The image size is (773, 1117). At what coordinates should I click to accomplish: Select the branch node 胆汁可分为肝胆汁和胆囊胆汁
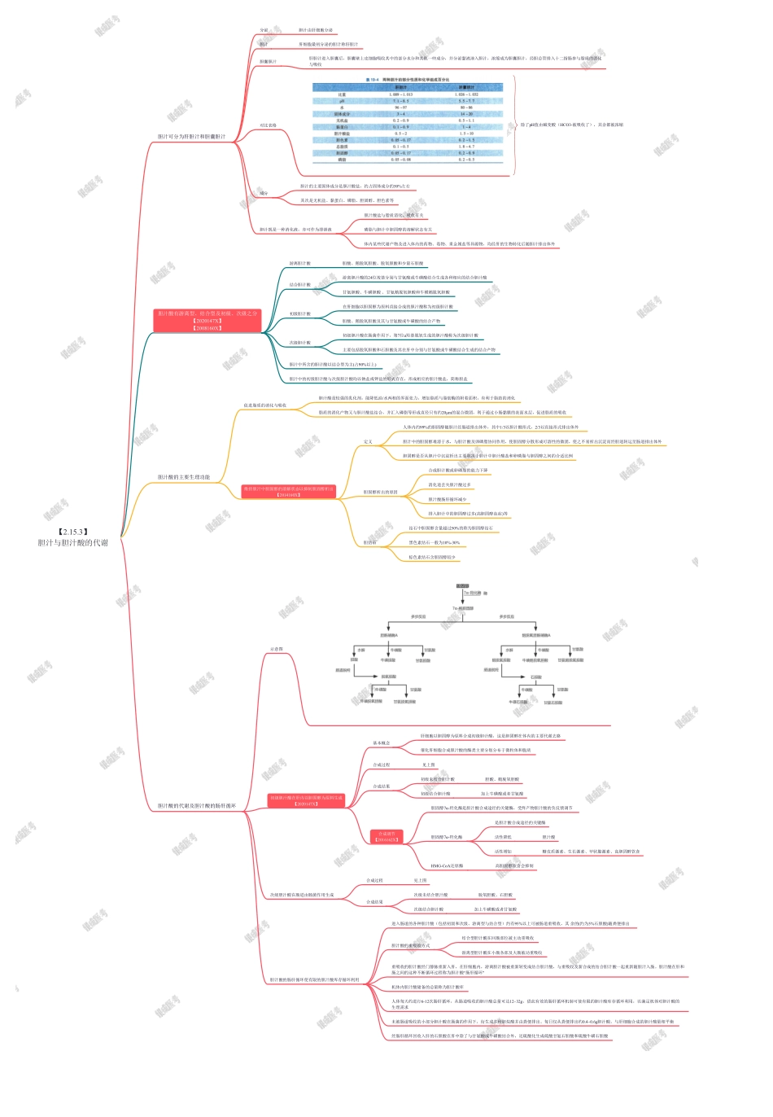click(x=191, y=137)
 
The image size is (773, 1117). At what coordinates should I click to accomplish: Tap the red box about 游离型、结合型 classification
click(x=207, y=320)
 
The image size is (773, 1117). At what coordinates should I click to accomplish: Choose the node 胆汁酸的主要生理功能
click(x=183, y=477)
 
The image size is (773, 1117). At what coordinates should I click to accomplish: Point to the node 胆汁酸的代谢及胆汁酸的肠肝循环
click(x=196, y=806)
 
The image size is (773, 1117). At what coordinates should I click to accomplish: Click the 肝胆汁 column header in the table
click(x=401, y=87)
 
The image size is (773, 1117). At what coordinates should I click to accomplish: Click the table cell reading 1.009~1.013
click(x=401, y=94)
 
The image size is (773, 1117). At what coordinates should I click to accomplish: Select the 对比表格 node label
click(x=268, y=125)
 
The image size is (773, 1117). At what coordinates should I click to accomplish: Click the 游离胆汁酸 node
click(x=299, y=264)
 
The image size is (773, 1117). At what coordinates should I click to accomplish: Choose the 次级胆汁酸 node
click(x=299, y=343)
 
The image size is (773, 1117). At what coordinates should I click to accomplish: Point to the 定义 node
click(x=368, y=442)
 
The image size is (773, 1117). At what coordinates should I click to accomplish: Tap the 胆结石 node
click(x=369, y=542)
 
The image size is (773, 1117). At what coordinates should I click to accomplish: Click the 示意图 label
click(x=277, y=649)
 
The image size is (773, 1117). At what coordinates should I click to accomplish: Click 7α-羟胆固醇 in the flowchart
click(x=463, y=608)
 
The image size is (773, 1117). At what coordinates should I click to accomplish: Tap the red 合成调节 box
click(x=386, y=837)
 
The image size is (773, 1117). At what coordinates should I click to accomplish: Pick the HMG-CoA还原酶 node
click(x=447, y=866)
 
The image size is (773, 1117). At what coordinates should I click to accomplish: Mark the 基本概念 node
click(x=381, y=743)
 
